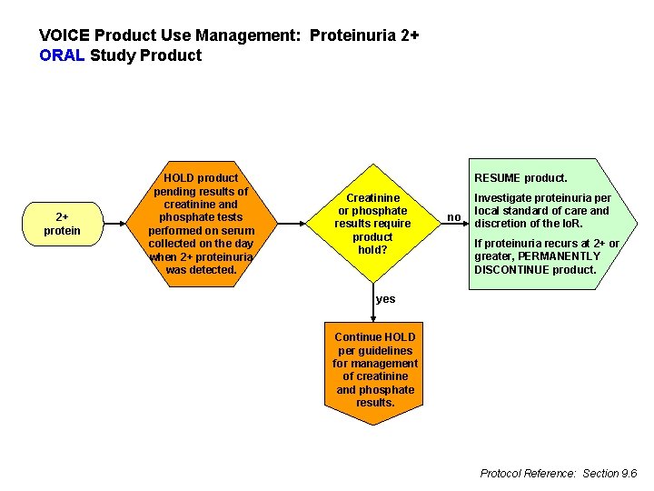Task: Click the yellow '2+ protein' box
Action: [x=62, y=224]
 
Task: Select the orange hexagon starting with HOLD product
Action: [x=200, y=224]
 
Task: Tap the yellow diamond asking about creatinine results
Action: [x=372, y=224]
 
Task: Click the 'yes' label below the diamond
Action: [x=386, y=299]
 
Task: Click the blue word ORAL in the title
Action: [x=63, y=55]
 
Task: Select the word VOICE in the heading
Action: [x=64, y=35]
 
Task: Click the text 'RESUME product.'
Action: [x=520, y=178]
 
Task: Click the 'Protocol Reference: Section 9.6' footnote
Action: [x=558, y=473]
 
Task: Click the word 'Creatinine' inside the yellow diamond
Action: [x=372, y=197]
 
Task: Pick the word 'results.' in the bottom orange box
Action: [x=375, y=403]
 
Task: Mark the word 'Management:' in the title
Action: [x=257, y=35]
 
